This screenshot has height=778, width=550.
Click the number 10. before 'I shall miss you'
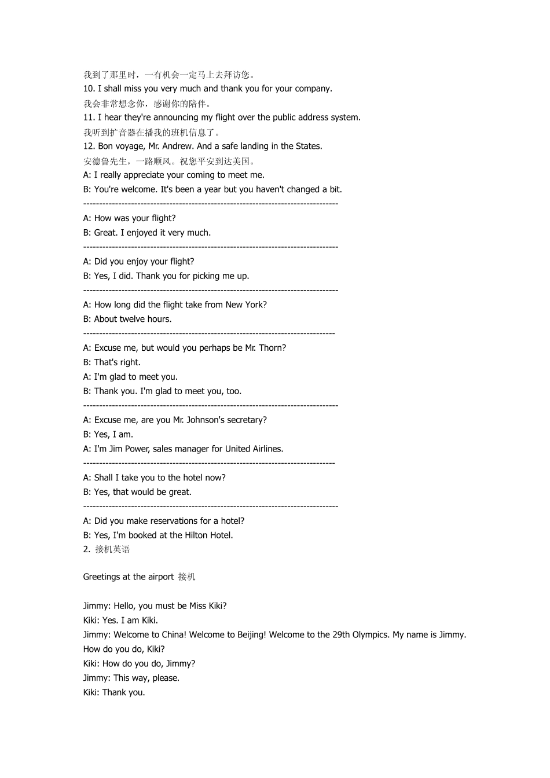[89, 89]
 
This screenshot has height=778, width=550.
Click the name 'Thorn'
[272, 348]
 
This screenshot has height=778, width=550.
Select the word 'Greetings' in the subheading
[102, 577]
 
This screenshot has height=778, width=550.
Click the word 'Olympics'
[371, 635]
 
